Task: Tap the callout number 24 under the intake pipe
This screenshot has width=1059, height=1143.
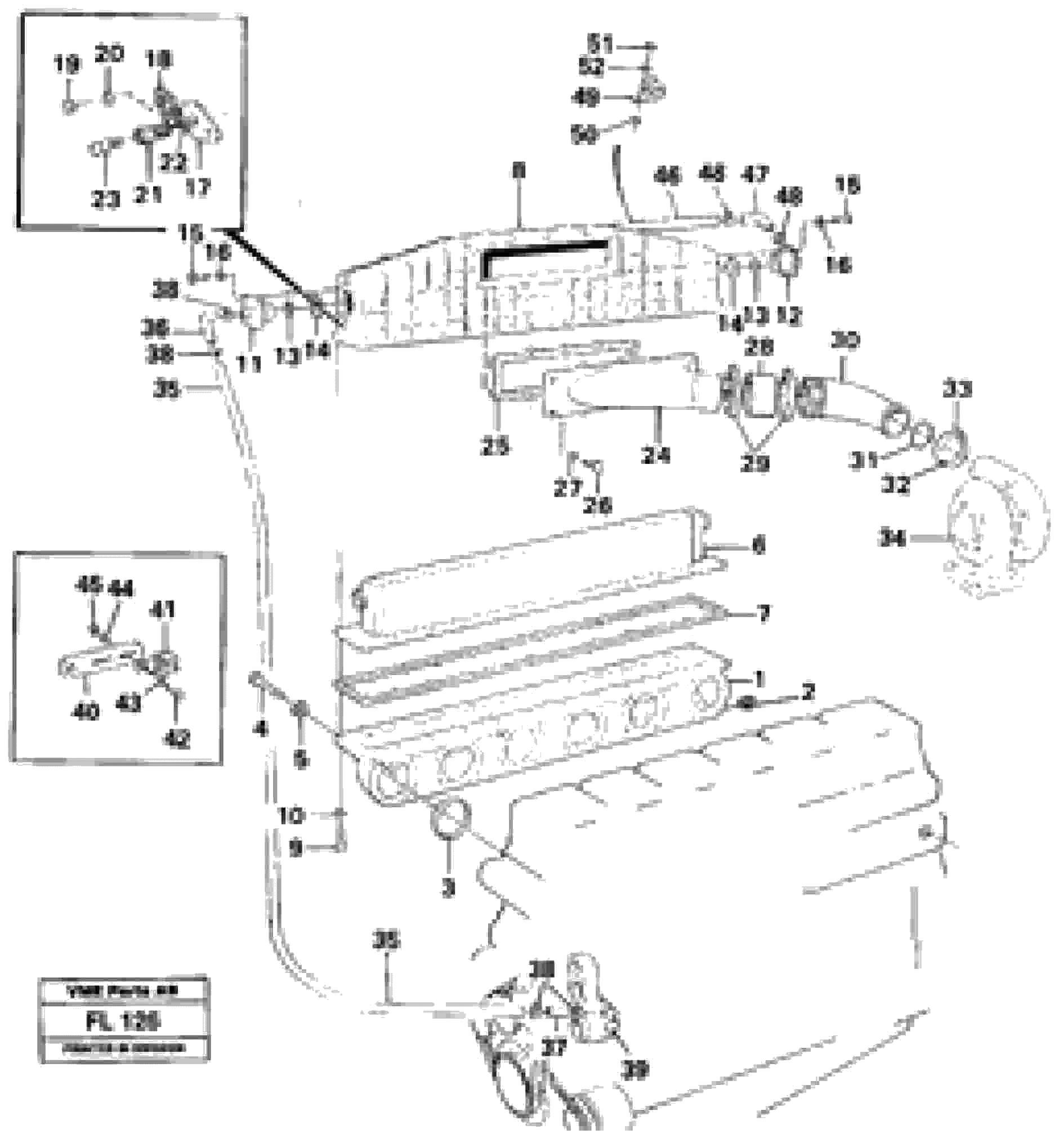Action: tap(656, 455)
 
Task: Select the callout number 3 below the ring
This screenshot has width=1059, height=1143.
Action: tap(449, 888)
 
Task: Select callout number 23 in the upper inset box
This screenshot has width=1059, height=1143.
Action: tap(105, 199)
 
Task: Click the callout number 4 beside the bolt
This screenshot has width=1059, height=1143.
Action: tap(261, 729)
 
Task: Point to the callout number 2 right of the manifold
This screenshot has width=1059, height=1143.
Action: tap(808, 693)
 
